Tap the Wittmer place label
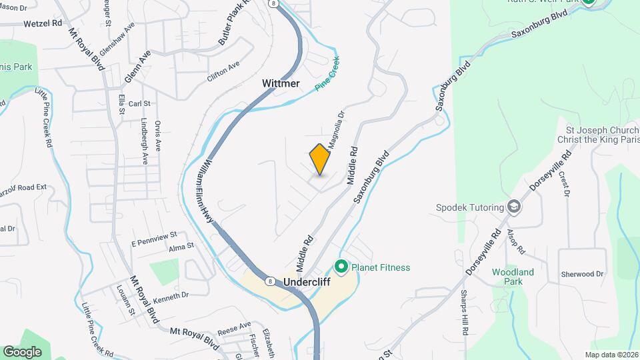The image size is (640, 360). coord(281,83)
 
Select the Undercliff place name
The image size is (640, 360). coord(307,281)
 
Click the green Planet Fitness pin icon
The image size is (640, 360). coord(342,267)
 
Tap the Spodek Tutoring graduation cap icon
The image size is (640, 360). coord(514,207)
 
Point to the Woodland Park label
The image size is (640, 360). coord(513,277)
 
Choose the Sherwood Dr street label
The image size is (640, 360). coord(581,274)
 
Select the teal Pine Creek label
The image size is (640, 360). coord(327,78)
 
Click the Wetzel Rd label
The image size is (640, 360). coord(42,23)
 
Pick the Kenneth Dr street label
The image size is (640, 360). coord(171,295)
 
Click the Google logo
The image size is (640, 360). coord(22,351)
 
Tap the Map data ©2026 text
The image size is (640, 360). coord(611,355)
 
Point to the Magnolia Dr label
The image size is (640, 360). coord(336,128)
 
